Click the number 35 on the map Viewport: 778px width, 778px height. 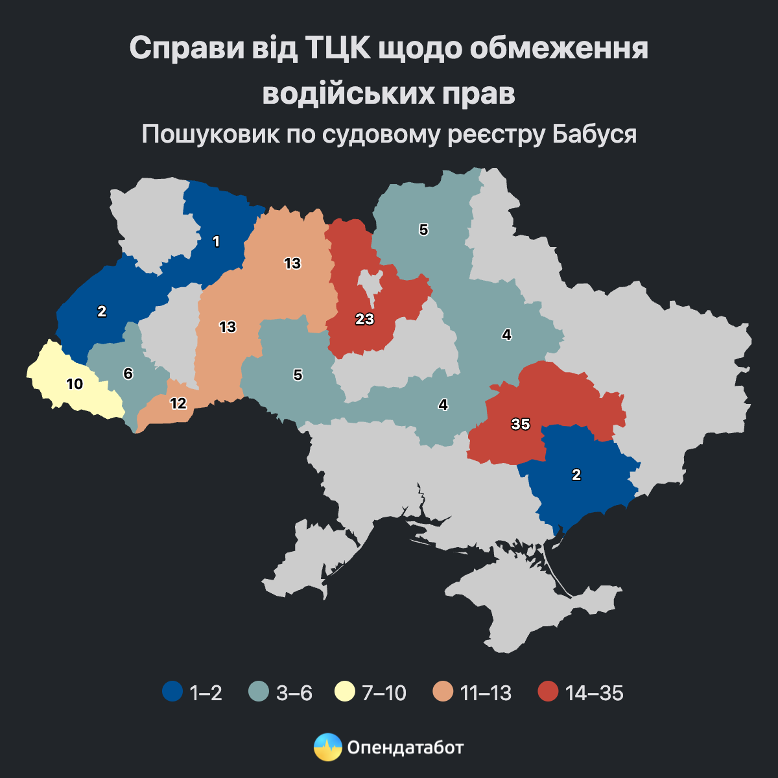pos(521,425)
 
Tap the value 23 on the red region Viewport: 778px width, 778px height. pos(365,319)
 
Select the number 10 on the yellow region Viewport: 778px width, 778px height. pos(75,384)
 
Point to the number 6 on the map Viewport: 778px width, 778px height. pos(128,373)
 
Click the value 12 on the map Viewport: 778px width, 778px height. pos(178,403)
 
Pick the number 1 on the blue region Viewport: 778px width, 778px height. pos(217,242)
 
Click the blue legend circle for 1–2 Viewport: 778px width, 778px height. pos(172,692)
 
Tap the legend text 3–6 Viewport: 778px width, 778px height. pos(294,693)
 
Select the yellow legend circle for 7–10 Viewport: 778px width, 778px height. pos(344,692)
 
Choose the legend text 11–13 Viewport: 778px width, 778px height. pos(486,693)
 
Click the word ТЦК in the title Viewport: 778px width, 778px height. pos(336,49)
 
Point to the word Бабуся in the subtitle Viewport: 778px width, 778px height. pos(595,134)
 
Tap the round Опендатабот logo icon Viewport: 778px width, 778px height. pos(327,748)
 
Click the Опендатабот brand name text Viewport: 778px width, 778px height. pos(406,748)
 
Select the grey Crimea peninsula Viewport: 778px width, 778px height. pos(545,609)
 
